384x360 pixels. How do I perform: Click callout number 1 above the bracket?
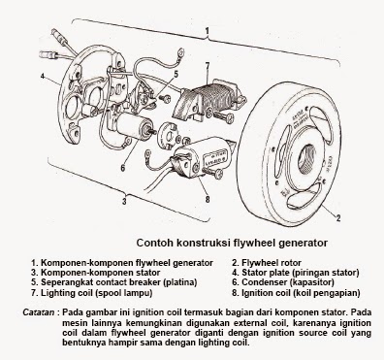click(x=208, y=30)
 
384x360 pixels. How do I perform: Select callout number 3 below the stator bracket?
click(x=123, y=202)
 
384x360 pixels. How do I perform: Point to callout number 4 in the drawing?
click(x=44, y=74)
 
